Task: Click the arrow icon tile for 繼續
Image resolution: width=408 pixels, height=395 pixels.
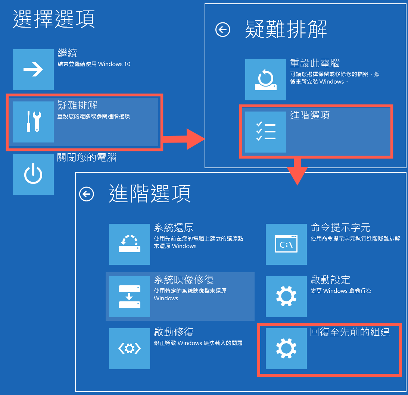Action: (x=33, y=70)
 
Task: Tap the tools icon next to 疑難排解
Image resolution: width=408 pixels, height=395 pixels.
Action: (x=33, y=122)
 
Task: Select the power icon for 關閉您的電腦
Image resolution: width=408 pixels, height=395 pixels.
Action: (x=33, y=174)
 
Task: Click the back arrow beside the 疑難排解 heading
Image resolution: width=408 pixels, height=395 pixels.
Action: (x=223, y=29)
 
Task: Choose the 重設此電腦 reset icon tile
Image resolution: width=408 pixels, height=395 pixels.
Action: (x=266, y=80)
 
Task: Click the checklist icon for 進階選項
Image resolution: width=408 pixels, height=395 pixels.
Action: (x=266, y=132)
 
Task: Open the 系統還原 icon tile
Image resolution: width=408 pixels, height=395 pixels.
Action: (x=130, y=244)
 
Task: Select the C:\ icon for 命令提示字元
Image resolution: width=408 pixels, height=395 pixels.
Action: (x=286, y=244)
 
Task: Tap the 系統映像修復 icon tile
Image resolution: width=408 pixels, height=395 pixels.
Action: (x=130, y=297)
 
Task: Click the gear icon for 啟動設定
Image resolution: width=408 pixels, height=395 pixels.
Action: (x=286, y=297)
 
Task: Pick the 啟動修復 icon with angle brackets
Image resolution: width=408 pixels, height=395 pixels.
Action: (x=130, y=349)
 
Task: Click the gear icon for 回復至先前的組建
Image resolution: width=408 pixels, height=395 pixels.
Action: (x=286, y=349)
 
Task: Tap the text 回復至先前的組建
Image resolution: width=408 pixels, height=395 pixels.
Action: (x=350, y=332)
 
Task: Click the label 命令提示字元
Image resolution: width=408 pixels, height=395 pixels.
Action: (x=340, y=228)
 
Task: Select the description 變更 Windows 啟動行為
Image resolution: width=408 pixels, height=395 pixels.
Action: (x=341, y=291)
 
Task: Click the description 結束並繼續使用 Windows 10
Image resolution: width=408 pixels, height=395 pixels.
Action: (x=94, y=64)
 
